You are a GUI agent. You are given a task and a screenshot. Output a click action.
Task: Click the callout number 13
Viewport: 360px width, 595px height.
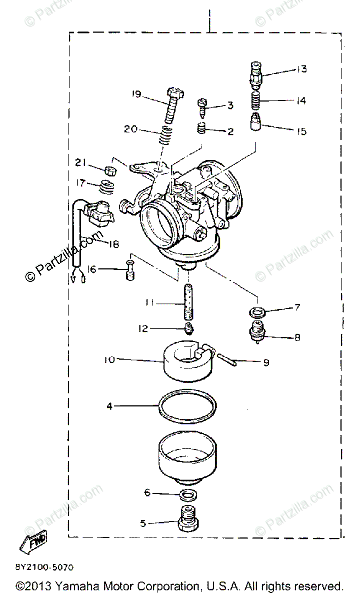[x=301, y=69]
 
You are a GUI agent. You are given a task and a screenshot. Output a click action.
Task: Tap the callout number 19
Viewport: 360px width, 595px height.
[x=137, y=94]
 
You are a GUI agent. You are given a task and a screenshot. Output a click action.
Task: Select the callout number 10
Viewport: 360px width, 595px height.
[x=109, y=359]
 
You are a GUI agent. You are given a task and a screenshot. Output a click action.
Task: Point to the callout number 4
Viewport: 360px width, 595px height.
[x=109, y=406]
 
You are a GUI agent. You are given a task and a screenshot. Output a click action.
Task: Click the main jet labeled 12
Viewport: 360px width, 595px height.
[x=188, y=327]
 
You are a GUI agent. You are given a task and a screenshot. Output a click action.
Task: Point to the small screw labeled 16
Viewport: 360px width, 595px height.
[x=130, y=271]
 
